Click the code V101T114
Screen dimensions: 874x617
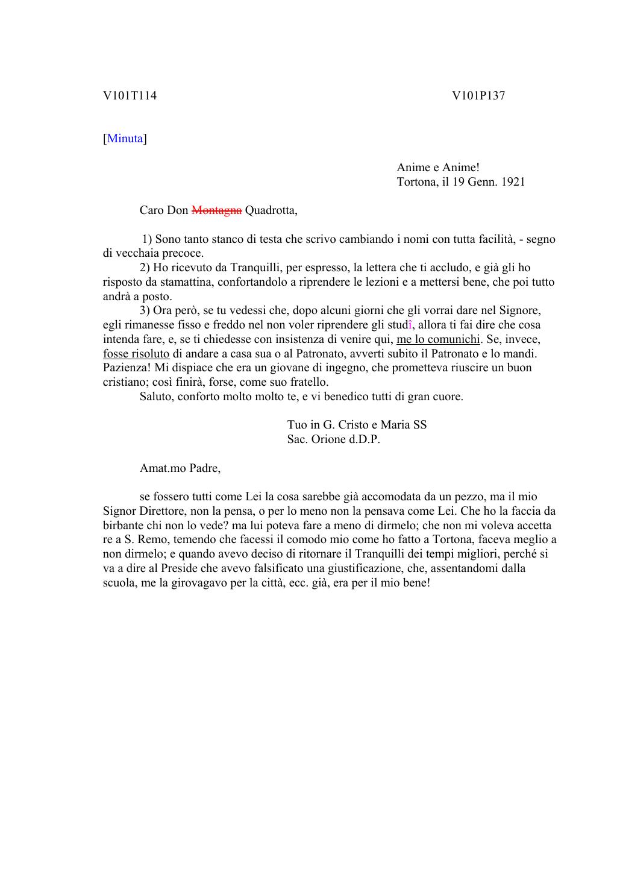[130, 95]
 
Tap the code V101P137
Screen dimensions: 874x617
[478, 95]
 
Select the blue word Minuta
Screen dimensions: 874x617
[125, 139]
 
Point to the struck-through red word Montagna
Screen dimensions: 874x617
[217, 210]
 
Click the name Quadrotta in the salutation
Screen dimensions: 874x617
[271, 210]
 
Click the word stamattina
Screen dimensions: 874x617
[169, 282]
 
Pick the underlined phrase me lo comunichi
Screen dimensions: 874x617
[438, 339]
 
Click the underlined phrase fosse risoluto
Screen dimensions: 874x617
[136, 354]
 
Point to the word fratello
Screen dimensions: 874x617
[308, 382]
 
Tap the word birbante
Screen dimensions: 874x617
[124, 526]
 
